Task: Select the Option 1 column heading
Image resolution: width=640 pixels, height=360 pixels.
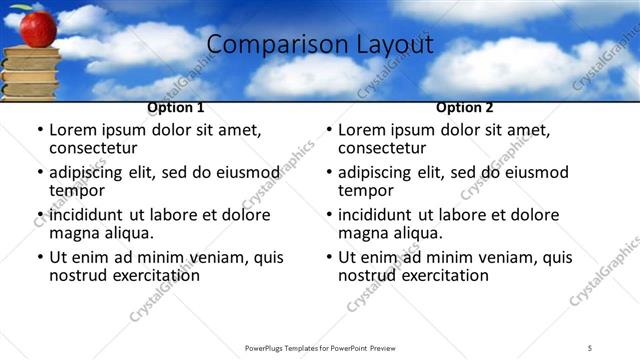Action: pyautogui.click(x=176, y=107)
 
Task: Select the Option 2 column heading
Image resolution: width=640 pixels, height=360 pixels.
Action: pyautogui.click(x=465, y=107)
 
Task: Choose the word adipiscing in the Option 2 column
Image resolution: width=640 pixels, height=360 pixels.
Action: pyautogui.click(x=379, y=172)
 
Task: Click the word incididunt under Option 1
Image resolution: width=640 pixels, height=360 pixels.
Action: pyautogui.click(x=91, y=215)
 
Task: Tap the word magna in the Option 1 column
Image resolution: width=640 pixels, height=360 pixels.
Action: pyautogui.click(x=74, y=233)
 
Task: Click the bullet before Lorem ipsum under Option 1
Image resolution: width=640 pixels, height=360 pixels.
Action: pyautogui.click(x=40, y=130)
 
